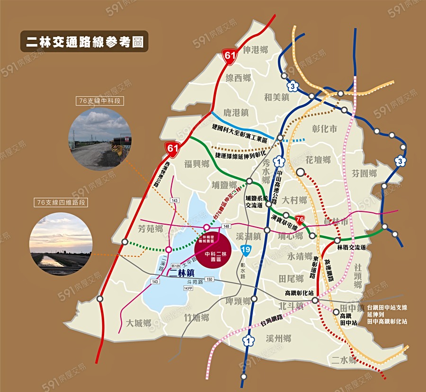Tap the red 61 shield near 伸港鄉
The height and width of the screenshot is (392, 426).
(x=230, y=57)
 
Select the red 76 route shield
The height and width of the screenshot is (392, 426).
(x=299, y=219)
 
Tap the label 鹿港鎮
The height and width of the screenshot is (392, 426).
(x=236, y=112)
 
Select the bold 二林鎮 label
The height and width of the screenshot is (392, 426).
(x=177, y=273)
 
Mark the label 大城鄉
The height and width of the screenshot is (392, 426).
(x=139, y=323)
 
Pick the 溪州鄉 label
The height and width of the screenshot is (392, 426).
(x=278, y=338)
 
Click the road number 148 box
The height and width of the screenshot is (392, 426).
(x=226, y=226)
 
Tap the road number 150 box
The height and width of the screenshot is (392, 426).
(x=209, y=279)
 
